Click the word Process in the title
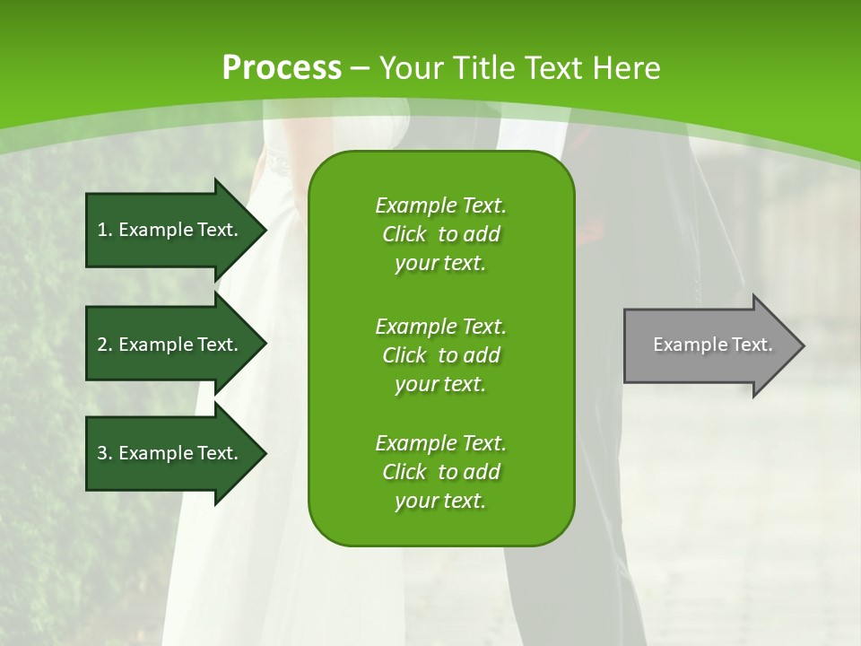tap(282, 68)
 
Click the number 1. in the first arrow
tap(105, 230)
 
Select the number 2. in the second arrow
tap(105, 345)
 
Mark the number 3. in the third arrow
tap(105, 453)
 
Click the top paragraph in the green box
tap(440, 234)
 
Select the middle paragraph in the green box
tap(440, 354)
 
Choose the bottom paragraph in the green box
tap(440, 472)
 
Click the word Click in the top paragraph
tap(404, 234)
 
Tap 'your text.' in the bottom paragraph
tap(440, 502)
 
